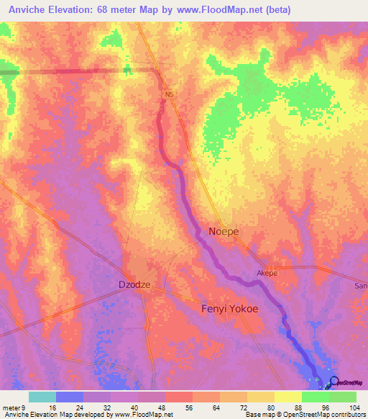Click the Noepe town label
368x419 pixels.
[x=224, y=232]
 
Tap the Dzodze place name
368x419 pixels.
[x=134, y=285]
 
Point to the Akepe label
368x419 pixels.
[x=267, y=274]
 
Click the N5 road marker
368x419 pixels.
[x=170, y=94]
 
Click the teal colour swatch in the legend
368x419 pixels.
[x=42, y=397]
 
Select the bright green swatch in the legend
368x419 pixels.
[x=316, y=397]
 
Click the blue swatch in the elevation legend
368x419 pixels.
[x=70, y=397]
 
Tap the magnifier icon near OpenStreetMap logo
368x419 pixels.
[x=333, y=382]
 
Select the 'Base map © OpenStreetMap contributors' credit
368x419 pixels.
[x=303, y=415]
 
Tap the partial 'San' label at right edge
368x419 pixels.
[x=361, y=286]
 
